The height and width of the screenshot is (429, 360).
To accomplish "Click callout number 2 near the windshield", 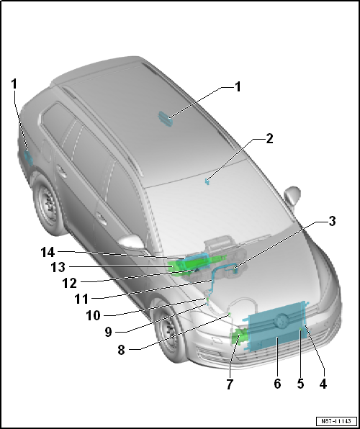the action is click(269, 139).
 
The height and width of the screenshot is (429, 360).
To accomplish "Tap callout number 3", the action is click(332, 221).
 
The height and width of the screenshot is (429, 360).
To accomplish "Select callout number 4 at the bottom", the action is click(323, 384).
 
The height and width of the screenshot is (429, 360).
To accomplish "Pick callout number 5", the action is click(300, 384).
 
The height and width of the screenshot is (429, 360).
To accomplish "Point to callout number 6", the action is click(277, 384).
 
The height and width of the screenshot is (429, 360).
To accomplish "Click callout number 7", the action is click(230, 384).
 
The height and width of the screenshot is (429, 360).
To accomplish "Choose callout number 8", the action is click(121, 350).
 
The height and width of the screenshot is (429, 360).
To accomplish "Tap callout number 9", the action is click(109, 332).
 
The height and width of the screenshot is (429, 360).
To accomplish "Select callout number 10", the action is click(94, 315).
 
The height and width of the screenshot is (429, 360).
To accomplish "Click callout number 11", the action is click(81, 299).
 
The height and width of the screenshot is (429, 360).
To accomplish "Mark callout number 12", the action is click(70, 283).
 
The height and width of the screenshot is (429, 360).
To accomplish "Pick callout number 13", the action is click(58, 267).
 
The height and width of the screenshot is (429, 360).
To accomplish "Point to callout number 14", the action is click(48, 252).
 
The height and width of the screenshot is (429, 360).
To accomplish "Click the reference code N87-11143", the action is click(336, 421).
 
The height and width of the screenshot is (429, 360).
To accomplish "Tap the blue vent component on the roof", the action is click(166, 119).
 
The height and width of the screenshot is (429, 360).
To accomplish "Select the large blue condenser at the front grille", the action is click(276, 326).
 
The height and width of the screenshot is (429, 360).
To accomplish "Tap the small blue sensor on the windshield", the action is click(207, 181).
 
